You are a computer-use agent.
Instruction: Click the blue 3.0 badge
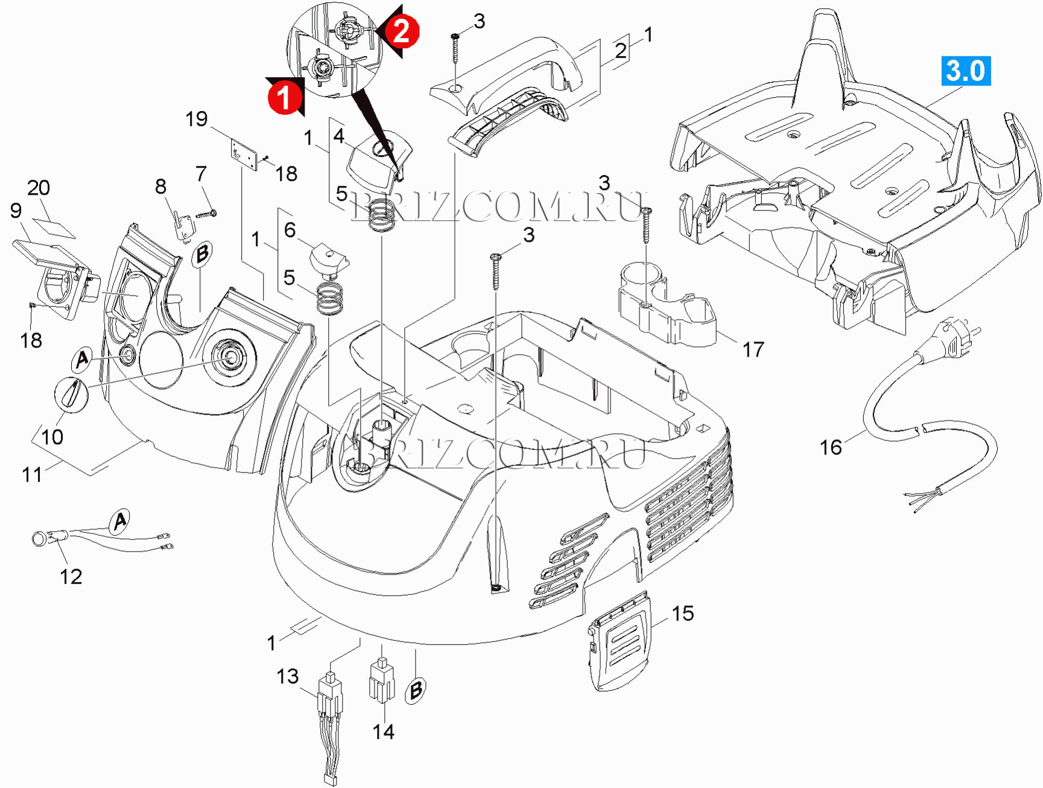(965, 71)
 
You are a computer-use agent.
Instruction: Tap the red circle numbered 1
(285, 95)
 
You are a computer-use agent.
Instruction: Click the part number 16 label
(830, 447)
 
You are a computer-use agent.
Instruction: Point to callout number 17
(753, 349)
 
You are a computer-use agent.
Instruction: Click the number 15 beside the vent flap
(683, 614)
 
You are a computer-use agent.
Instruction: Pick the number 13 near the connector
(288, 676)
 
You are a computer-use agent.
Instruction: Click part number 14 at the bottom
(384, 732)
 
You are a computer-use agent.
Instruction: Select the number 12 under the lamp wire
(71, 577)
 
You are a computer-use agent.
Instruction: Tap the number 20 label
(39, 188)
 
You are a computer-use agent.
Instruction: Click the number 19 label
(197, 119)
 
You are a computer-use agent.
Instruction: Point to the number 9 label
(16, 211)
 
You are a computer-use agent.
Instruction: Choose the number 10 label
(52, 437)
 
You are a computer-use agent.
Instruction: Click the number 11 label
(33, 475)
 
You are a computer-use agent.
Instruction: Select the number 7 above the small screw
(201, 174)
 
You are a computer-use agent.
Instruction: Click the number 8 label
(160, 186)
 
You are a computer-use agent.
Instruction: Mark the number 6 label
(290, 230)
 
